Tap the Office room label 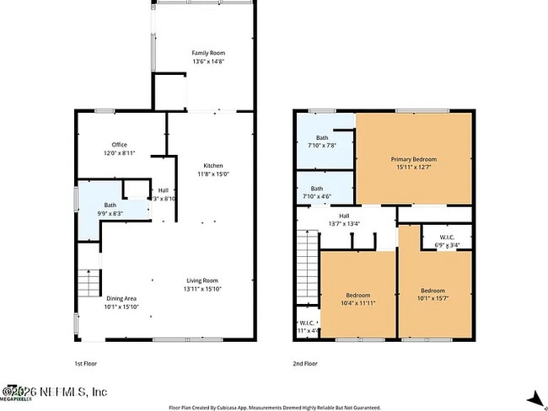tap(119, 149)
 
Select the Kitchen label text tap(212, 169)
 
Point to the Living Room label tap(202, 285)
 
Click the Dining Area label tap(121, 302)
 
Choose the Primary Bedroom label tap(413, 163)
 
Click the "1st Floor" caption tap(85, 363)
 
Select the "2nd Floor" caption tap(305, 363)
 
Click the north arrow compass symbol tap(533, 399)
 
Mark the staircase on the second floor tap(307, 264)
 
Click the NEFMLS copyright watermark tap(54, 392)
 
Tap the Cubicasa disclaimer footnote tap(274, 406)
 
